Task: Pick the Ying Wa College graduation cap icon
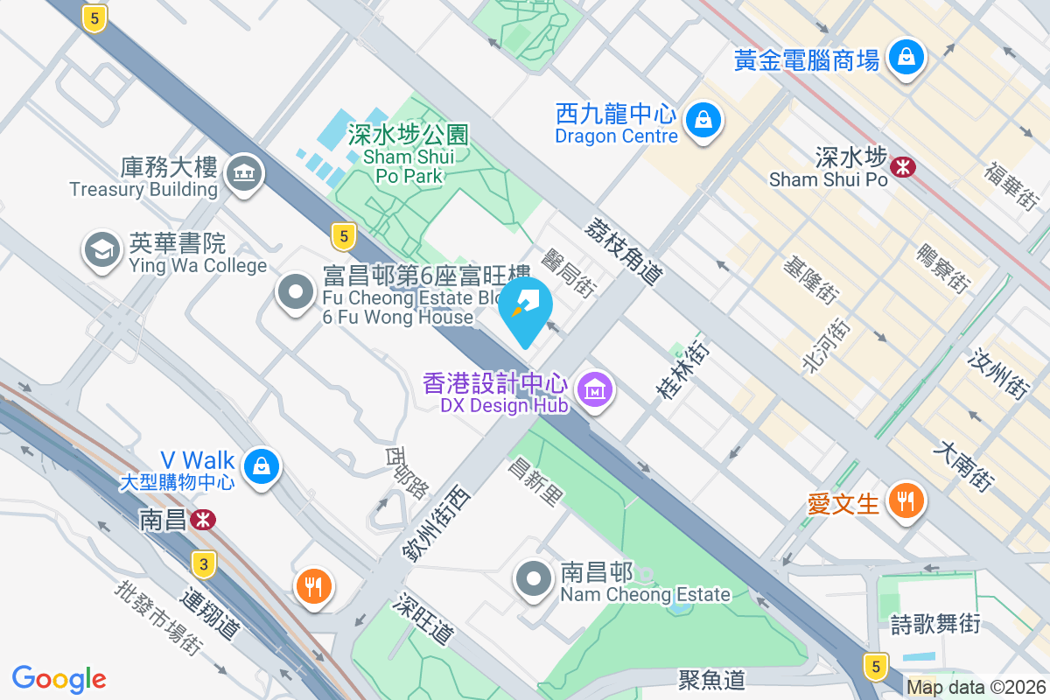pyautogui.click(x=102, y=250)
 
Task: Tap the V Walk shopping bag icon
pyautogui.click(x=262, y=465)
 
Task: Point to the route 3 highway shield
pyautogui.click(x=204, y=564)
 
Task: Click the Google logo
pyautogui.click(x=59, y=678)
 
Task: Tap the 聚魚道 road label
pyautogui.click(x=711, y=678)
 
